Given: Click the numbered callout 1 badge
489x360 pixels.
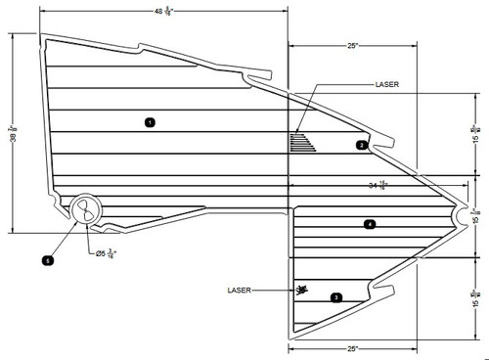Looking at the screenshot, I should [x=149, y=122].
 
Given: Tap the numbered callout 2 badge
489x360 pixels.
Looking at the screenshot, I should [x=361, y=145].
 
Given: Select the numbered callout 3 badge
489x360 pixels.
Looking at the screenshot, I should [x=336, y=296].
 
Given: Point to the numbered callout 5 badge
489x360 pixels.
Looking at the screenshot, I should [x=47, y=261].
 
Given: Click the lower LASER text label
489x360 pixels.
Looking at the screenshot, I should [x=240, y=290].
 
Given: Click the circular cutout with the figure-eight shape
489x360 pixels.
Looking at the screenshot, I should [x=86, y=210].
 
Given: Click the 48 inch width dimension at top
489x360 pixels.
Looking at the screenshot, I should [x=162, y=12].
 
